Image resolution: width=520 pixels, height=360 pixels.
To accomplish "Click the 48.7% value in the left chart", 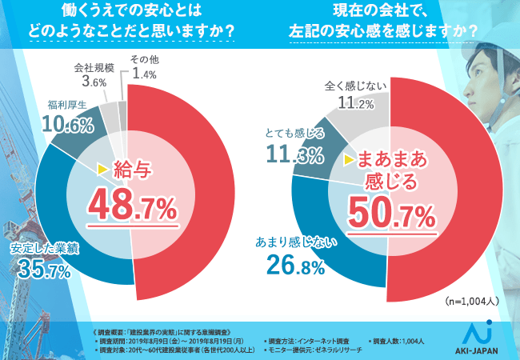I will click(x=132, y=207).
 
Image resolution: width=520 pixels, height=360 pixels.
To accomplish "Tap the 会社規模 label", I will click(x=88, y=66).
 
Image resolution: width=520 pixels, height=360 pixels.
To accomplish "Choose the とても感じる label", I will click(x=294, y=133).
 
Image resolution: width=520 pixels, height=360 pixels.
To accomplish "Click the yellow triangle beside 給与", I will click(x=102, y=169).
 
